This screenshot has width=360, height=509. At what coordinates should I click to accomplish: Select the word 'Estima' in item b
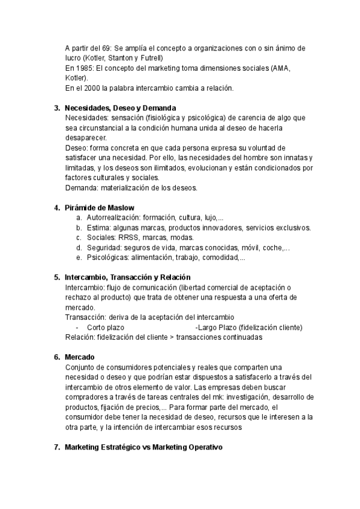98,228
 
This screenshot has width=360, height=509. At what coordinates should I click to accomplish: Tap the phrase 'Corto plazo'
106,327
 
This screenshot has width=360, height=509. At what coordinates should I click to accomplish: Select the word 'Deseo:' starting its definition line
77,148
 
